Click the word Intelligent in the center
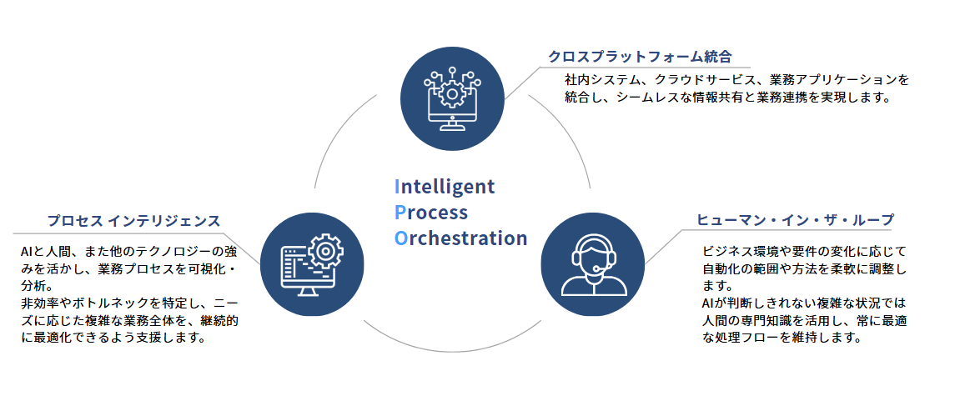(445, 187)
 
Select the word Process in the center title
(431, 212)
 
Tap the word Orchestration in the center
(460, 238)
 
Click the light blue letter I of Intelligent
(397, 186)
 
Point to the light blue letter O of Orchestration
(400, 238)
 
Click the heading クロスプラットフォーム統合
(640, 57)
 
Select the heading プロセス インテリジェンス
(134, 221)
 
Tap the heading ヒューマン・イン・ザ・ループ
(795, 219)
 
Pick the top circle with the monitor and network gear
(452, 98)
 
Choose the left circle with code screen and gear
(312, 263)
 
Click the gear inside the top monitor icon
(452, 94)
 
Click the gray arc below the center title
(452, 351)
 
